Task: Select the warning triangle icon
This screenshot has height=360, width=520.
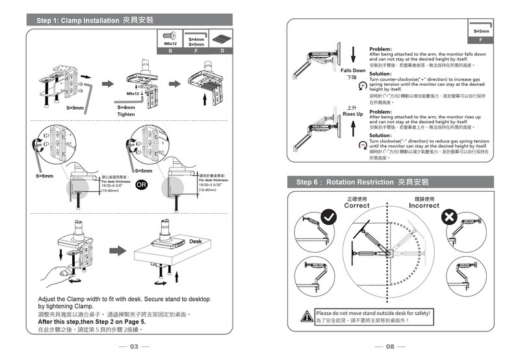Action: point(305,316)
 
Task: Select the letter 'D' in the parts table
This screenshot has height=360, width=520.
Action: point(222,50)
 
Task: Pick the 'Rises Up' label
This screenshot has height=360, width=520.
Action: point(352,114)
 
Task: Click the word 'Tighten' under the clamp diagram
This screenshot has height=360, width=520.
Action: point(126,114)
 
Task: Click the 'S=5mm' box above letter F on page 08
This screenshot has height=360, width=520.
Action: point(482,31)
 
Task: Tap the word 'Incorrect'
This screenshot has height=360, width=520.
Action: point(424,205)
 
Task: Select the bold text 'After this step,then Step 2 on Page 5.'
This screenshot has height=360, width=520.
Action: point(92,322)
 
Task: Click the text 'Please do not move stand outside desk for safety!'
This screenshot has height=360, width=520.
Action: point(373,313)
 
